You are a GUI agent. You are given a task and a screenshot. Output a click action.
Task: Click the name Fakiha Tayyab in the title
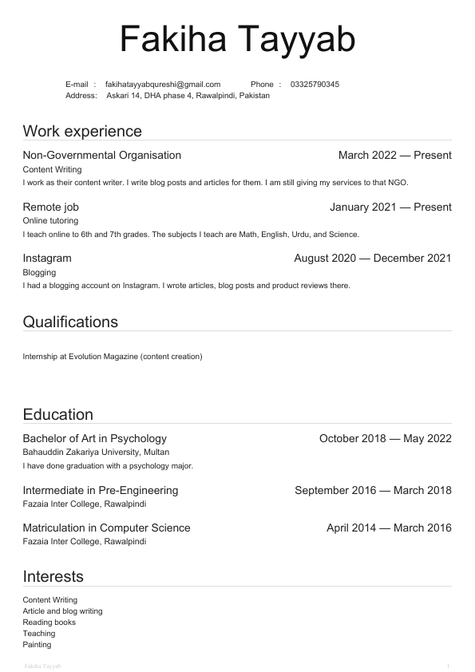coord(237,39)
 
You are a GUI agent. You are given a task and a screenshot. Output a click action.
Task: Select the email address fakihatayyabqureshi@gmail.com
coord(163,84)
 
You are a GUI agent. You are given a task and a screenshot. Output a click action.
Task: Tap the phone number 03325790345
coord(315,84)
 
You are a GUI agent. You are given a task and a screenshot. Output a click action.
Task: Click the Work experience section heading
coord(82,131)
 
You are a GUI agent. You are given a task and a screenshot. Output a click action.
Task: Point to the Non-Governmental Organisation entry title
coord(102,155)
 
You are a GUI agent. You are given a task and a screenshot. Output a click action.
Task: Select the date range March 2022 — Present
coord(394,155)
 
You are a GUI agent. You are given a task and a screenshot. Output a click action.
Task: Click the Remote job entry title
coord(50,207)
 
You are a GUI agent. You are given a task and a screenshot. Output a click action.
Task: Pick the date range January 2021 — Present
coord(390,207)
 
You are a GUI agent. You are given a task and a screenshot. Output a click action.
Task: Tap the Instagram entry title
coord(47,258)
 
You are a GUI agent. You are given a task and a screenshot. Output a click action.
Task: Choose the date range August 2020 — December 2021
coord(372,258)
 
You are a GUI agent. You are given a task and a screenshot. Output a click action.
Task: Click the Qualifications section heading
coord(70,322)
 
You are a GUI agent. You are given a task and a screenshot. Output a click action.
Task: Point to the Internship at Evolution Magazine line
coord(113,356)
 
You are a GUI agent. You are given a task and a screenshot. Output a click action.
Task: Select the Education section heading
coord(58,414)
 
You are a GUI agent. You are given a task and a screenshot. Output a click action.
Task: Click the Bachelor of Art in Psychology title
coord(95,438)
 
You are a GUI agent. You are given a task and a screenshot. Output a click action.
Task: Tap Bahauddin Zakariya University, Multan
coord(96,452)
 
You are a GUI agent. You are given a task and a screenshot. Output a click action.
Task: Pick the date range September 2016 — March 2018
coord(373,490)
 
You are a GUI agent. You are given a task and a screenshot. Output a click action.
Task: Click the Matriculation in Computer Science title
coord(106,528)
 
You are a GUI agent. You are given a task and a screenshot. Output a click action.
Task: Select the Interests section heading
coord(53,576)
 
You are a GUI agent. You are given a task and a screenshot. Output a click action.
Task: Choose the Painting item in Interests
coord(37,644)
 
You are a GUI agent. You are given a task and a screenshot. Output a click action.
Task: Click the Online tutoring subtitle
coord(50,220)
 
